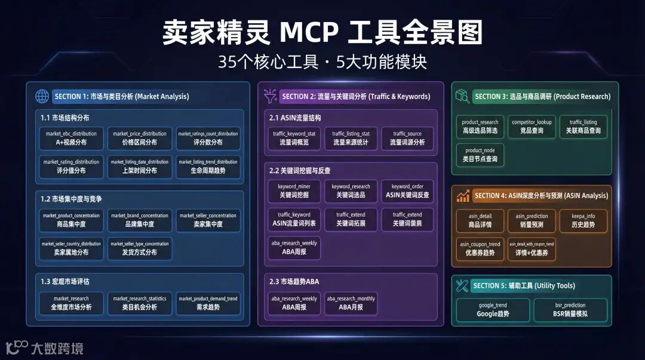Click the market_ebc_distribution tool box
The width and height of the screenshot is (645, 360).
tap(71, 138)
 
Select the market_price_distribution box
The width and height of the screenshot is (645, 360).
tap(140, 138)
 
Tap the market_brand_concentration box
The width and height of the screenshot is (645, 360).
tap(140, 220)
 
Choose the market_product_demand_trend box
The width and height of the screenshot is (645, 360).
tap(208, 303)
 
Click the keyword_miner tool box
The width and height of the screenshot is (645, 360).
tap(294, 190)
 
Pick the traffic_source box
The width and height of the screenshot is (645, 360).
tap(407, 138)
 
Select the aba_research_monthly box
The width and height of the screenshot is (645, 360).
tap(351, 303)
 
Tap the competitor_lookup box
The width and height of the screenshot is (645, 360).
tap(532, 126)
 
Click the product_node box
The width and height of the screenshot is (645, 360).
tap(480, 155)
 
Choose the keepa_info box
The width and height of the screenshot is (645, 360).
tap(583, 220)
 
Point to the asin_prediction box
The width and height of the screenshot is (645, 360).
tap(532, 220)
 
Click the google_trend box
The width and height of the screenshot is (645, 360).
tap(493, 309)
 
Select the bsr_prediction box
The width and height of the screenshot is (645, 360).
tap(570, 309)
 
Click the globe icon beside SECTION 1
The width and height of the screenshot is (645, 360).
tap(42, 96)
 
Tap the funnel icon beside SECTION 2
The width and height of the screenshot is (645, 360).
tap(269, 96)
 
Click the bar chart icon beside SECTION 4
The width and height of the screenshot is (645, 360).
tap(463, 195)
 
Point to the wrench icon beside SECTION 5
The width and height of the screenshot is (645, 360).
tap(462, 285)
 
